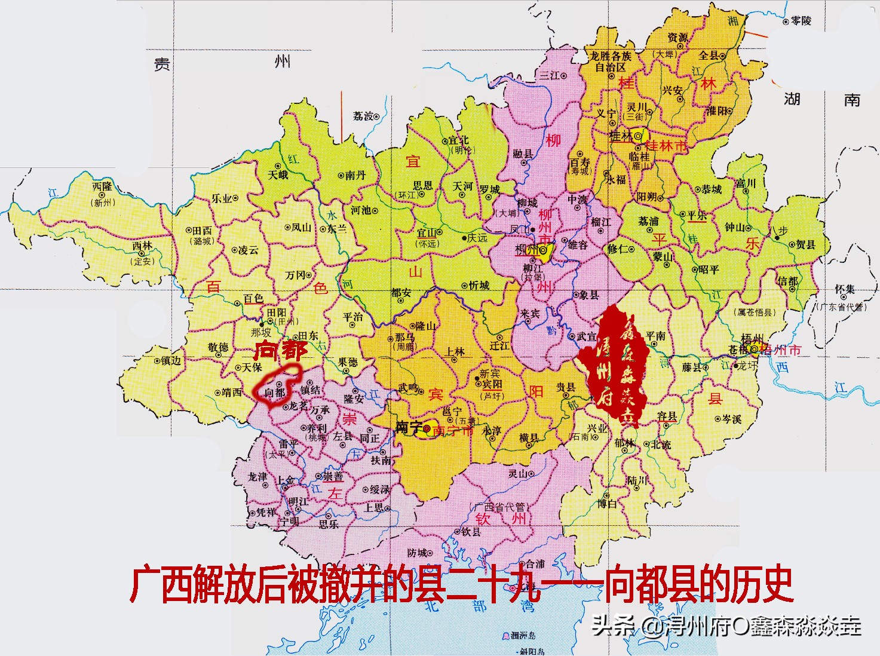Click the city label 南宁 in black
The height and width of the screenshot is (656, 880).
click(x=409, y=428)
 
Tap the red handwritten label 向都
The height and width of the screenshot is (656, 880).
click(x=280, y=351)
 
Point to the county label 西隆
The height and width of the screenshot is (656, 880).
click(x=102, y=186)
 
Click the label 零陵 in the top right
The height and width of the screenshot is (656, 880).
click(x=801, y=21)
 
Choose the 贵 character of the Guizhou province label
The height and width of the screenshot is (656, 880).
click(x=162, y=64)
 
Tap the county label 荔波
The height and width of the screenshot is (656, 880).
click(x=363, y=116)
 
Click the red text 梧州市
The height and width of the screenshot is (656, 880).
click(x=780, y=351)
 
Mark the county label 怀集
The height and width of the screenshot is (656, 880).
click(x=845, y=289)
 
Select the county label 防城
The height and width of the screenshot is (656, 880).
click(x=417, y=553)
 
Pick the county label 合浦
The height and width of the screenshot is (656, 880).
click(x=534, y=563)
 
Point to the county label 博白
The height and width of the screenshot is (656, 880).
click(x=606, y=504)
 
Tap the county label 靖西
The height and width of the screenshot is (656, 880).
click(x=232, y=393)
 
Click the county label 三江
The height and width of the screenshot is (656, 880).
click(x=550, y=76)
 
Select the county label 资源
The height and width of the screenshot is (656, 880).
click(x=677, y=38)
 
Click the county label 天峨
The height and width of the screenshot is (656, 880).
click(x=278, y=175)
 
